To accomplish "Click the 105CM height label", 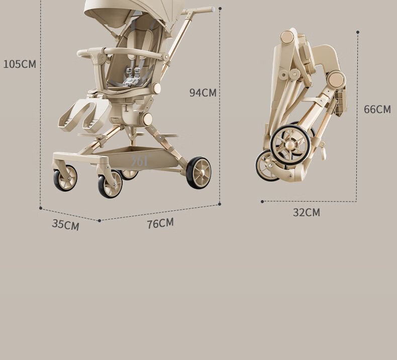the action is pyautogui.click(x=20, y=64).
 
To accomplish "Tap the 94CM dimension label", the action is pyautogui.click(x=203, y=93).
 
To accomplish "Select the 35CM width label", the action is pyautogui.click(x=65, y=225).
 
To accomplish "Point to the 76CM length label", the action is pyautogui.click(x=160, y=223).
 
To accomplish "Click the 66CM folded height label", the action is pyautogui.click(x=377, y=109).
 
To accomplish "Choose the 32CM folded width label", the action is pyautogui.click(x=307, y=212).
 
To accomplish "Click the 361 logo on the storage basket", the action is pyautogui.click(x=140, y=160).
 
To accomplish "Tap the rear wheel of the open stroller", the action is pyautogui.click(x=198, y=172).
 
